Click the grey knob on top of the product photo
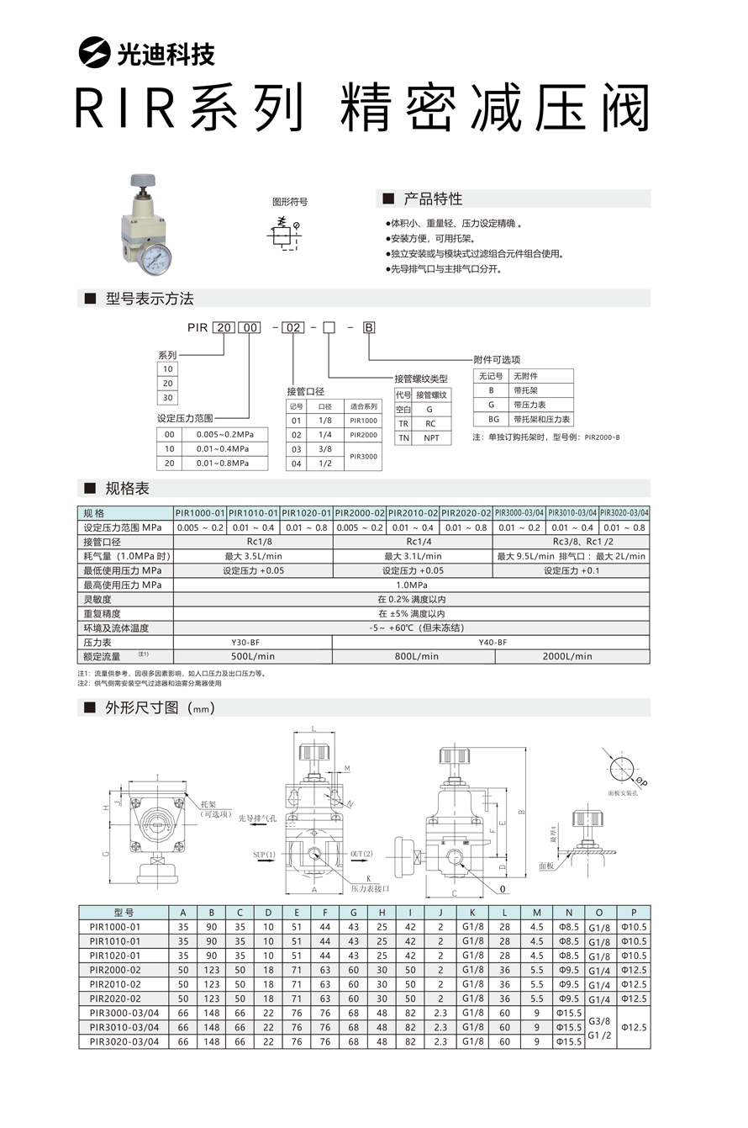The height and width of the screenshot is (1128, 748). pos(142,179)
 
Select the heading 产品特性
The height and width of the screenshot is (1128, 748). pos(433,199)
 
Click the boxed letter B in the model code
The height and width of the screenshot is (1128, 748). pos(368,327)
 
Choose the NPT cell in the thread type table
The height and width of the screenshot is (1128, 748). pos(431,438)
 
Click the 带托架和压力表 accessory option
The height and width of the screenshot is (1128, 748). pos(542,419)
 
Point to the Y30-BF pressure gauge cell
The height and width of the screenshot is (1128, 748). pos(251,642)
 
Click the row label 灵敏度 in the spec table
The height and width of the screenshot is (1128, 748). pos(98,600)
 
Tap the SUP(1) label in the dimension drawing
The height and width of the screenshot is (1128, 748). pos(265,855)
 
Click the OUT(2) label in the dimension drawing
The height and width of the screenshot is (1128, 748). pos(361,855)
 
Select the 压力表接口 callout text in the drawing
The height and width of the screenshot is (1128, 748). pos(370,888)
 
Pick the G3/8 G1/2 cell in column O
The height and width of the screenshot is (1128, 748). pos(599,1027)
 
